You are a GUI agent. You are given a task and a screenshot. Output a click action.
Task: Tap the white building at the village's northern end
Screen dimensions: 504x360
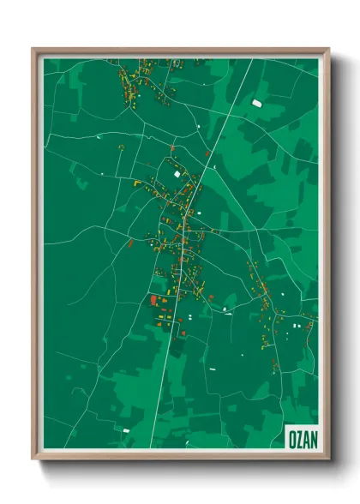tap(178, 174)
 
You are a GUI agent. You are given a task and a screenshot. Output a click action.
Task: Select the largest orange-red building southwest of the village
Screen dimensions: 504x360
tap(153, 300)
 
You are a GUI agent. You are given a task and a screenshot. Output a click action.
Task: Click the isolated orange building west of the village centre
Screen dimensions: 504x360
tap(130, 243)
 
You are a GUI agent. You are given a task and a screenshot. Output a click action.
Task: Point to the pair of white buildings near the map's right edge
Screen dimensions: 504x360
tap(297, 326)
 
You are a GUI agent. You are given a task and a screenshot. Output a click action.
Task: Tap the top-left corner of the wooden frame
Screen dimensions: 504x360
tap(34, 50)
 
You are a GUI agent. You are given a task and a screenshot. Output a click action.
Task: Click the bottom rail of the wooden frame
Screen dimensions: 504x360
tap(180, 455)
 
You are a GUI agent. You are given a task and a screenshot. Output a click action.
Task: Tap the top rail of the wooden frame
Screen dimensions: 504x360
tap(180, 51)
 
